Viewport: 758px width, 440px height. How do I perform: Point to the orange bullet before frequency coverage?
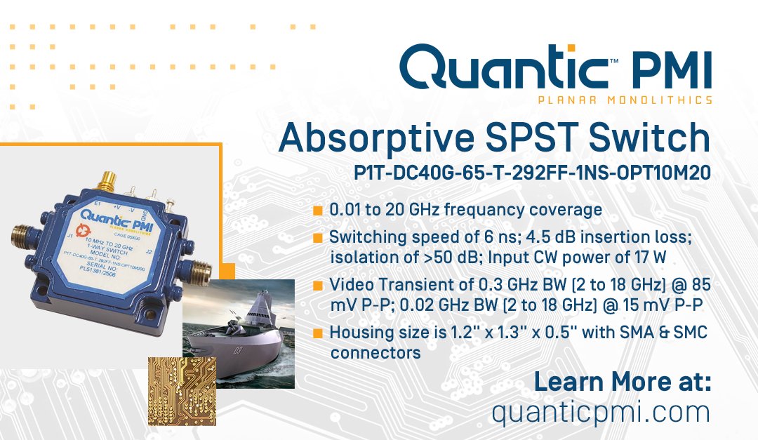(317, 211)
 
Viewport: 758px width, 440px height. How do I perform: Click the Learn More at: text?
(623, 382)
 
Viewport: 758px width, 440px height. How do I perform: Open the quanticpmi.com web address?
(601, 411)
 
